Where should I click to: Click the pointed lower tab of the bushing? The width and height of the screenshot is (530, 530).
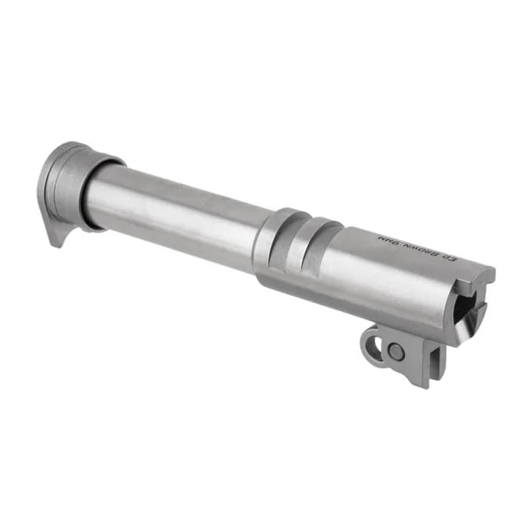59,233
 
